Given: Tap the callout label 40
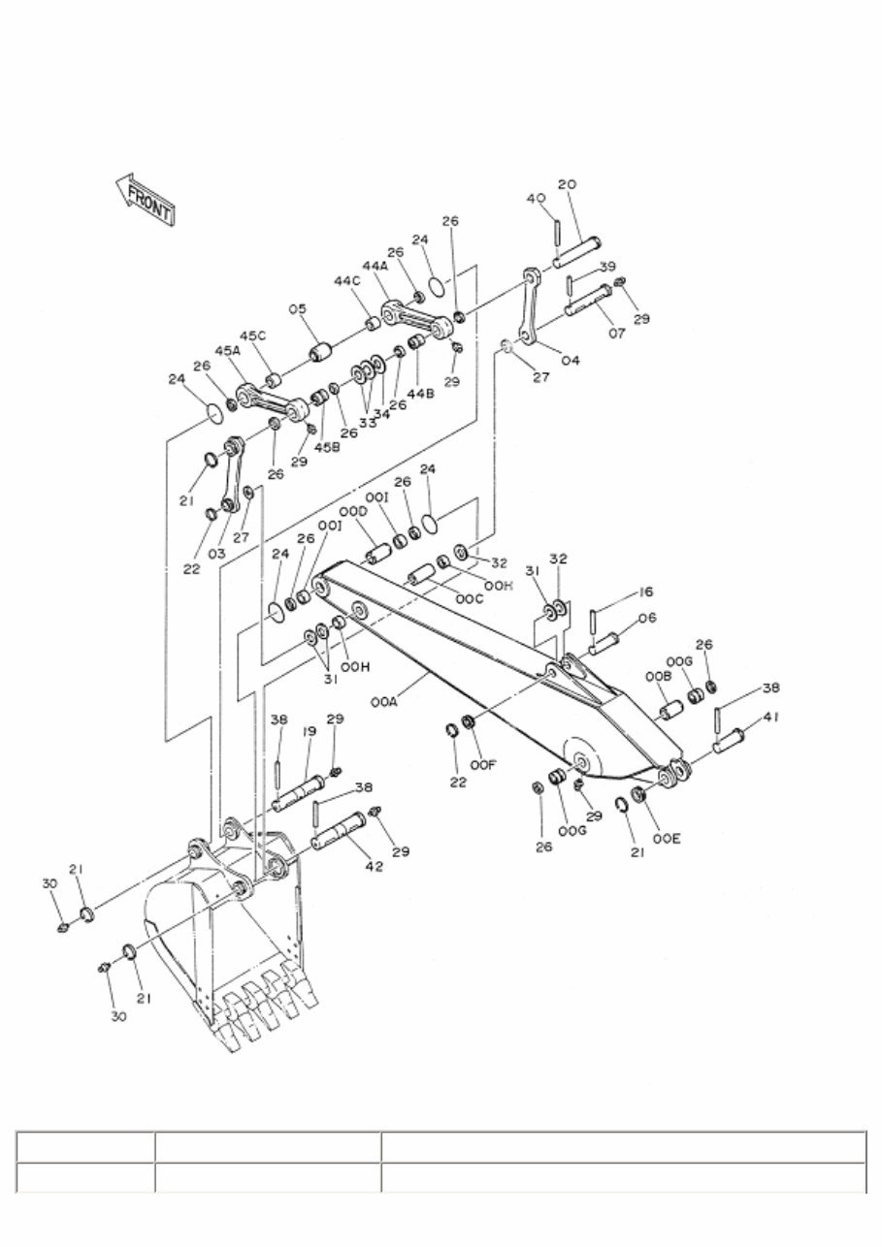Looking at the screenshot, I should point(536,199).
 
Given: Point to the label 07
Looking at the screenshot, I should point(617,334).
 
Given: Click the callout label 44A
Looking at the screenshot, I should point(376,265).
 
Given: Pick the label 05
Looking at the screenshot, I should point(297,309).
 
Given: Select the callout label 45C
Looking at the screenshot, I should point(252,336).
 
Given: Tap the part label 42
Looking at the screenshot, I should point(374,866).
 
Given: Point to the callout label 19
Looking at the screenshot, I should point(309,733).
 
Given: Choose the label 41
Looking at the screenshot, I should point(770,717).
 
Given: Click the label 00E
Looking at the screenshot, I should point(666,839).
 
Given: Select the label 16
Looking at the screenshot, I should point(645,592).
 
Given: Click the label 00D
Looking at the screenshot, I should point(353,512).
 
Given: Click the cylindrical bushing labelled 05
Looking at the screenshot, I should point(320,348).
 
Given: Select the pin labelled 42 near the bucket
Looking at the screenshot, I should point(338,831).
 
